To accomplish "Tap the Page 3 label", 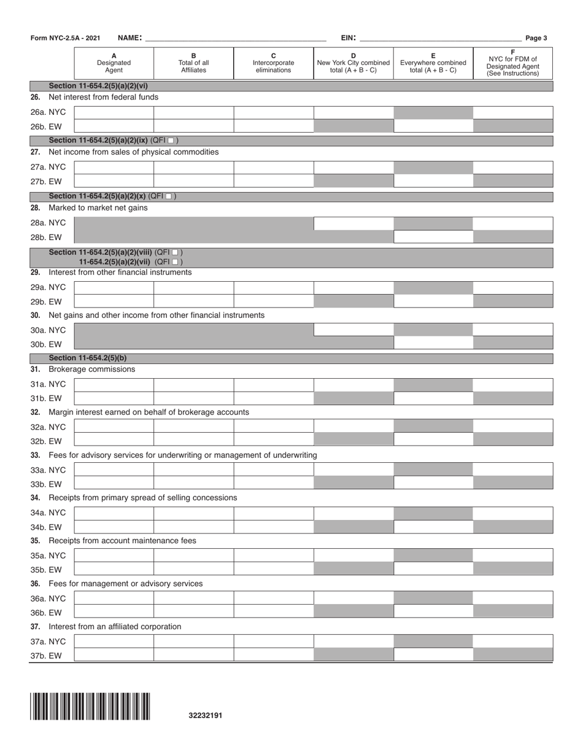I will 536,38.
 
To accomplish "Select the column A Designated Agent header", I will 114,63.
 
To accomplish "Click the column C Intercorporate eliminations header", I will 273,63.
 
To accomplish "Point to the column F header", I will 513,63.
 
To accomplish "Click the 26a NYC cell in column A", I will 114,112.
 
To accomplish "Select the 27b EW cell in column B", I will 193,181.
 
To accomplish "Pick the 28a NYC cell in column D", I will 353,223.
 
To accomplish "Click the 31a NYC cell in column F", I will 513,385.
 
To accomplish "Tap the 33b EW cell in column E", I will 433,483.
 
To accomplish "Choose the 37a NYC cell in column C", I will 273,641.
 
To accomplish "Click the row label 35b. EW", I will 46,569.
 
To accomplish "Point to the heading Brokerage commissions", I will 91,370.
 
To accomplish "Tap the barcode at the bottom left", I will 90,706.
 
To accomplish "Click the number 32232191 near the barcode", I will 206,715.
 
